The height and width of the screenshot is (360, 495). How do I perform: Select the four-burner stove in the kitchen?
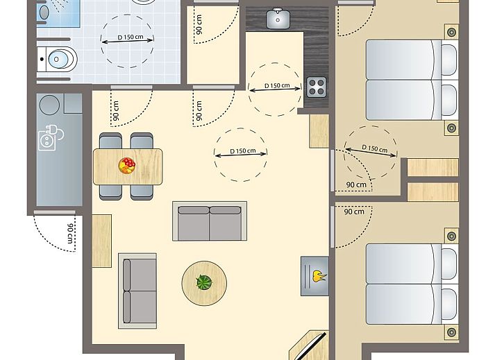(x=317, y=87)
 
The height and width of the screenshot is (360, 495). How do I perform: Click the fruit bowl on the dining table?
(x=128, y=166)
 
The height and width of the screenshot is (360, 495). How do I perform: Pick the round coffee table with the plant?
(x=204, y=282)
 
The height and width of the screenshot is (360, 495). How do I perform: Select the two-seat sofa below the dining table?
(x=210, y=221)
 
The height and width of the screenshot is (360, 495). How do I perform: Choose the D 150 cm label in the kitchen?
(x=277, y=86)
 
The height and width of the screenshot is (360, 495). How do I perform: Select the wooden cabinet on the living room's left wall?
(x=101, y=241)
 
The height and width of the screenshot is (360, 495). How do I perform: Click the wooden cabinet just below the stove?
(x=319, y=130)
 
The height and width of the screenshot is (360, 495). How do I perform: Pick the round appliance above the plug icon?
(x=50, y=105)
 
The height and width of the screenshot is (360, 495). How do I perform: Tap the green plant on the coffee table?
(x=204, y=282)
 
